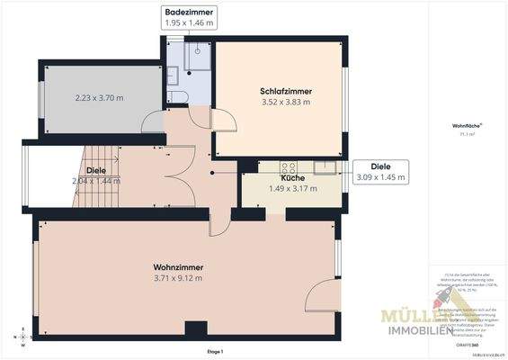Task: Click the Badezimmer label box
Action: pos(189,18)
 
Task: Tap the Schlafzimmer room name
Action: pos(284,92)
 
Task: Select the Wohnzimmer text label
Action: pos(177,268)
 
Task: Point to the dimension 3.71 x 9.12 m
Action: pos(177,279)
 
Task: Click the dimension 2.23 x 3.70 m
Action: pos(99,97)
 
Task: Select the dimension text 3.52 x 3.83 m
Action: pos(284,103)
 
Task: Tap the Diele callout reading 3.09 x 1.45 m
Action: pos(380,172)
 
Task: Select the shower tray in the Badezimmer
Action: pos(196,57)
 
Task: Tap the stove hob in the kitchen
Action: pos(290,166)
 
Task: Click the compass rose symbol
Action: pos(22,337)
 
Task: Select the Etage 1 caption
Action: pos(214,350)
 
